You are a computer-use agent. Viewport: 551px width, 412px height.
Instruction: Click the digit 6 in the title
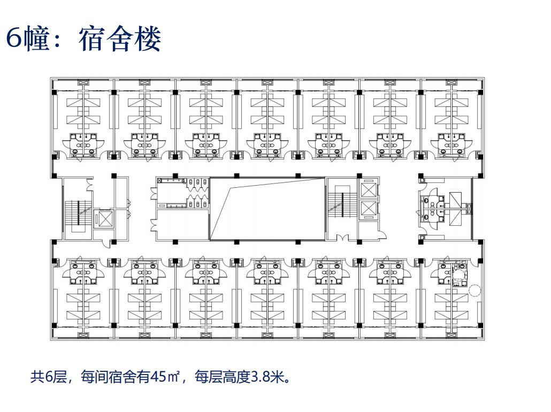click(x=15, y=39)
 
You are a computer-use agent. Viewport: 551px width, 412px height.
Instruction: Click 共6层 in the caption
click(x=48, y=377)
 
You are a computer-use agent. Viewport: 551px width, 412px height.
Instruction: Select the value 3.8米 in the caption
click(x=267, y=377)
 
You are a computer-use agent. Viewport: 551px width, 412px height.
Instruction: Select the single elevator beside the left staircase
click(x=103, y=219)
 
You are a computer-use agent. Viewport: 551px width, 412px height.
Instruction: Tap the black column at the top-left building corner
click(x=54, y=92)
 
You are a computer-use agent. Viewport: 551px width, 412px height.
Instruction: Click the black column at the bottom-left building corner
click(x=54, y=325)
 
